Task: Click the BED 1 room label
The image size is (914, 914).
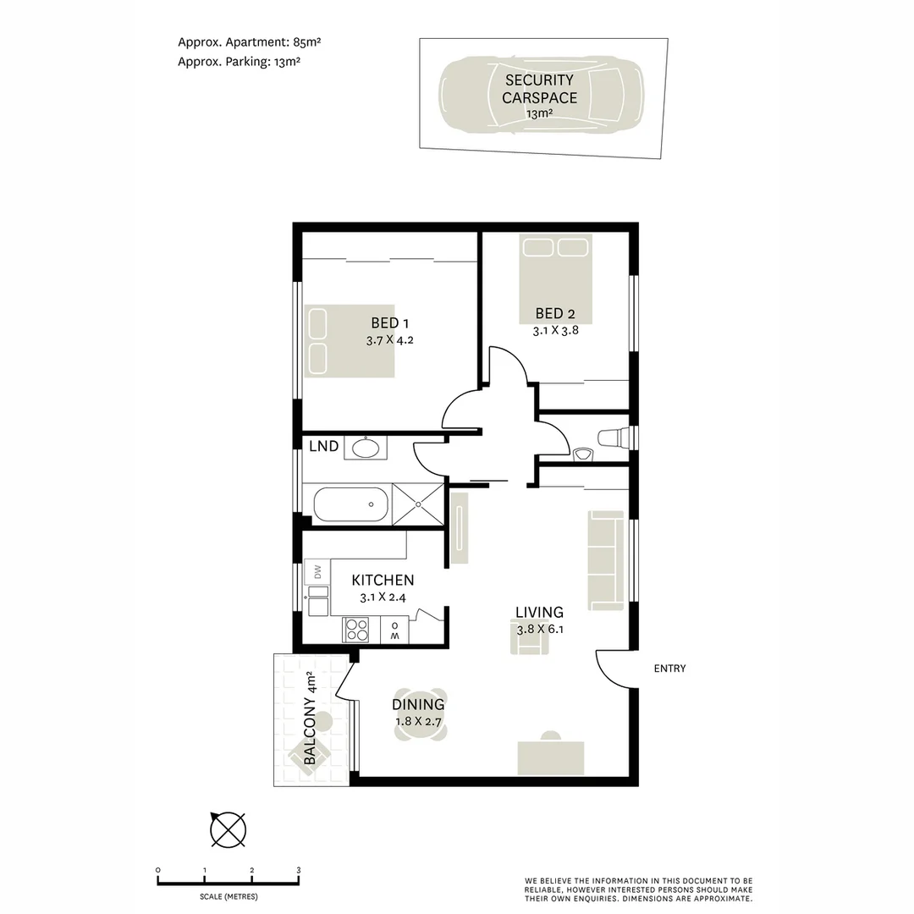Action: point(389,323)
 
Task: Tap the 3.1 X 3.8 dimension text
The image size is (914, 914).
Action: point(555,331)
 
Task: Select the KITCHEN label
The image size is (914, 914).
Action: point(383,580)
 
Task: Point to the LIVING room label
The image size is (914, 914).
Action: point(539,612)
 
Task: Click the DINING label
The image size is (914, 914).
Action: point(418,704)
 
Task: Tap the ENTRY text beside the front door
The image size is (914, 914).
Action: point(669,669)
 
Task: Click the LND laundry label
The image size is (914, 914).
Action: point(323,447)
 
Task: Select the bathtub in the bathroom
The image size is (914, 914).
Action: point(351,504)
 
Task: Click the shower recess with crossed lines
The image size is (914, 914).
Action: point(418,504)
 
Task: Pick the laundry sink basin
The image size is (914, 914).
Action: point(366,448)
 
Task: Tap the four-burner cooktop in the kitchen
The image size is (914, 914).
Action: point(356,630)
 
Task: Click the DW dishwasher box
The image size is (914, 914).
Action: point(317,572)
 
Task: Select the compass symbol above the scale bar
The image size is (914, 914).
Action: point(228,829)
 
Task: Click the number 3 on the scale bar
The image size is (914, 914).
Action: point(299,870)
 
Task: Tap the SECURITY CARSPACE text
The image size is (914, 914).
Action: point(539,89)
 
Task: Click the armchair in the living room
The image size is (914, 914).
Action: point(529,641)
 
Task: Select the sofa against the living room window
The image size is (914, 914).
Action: point(606,561)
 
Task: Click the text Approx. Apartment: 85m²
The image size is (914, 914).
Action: point(250,42)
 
